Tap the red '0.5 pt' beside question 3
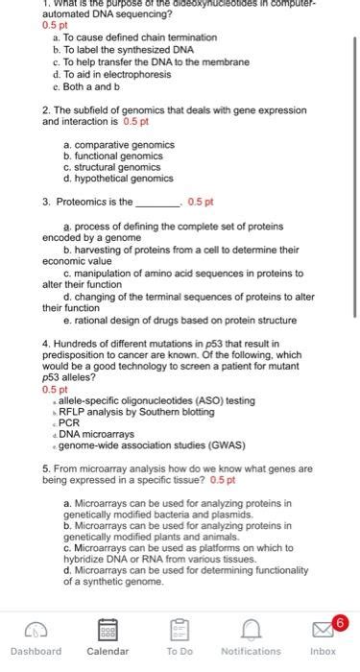201,203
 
